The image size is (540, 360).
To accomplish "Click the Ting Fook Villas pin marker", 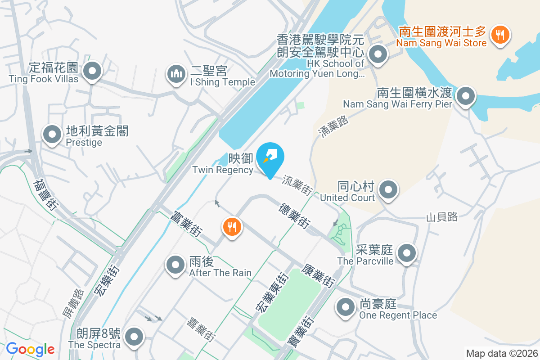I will tap(92, 71).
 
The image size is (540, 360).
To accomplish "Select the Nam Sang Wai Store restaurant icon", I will tap(499, 34).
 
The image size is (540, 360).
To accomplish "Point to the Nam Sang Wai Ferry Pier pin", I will tap(466, 96).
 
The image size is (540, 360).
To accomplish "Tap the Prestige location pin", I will tap(52, 135).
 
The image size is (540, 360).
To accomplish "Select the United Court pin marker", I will tap(388, 190).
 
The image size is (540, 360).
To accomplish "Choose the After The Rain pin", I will tap(175, 265).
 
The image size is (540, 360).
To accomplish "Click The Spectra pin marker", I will tap(134, 337).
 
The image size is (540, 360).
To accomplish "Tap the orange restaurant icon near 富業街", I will tap(232, 227).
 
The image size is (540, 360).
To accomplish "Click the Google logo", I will tap(30, 349).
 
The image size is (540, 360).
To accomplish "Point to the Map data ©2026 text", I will tap(502, 353).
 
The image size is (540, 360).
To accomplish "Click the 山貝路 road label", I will tap(442, 217).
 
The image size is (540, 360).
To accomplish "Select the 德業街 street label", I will tap(294, 216).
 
